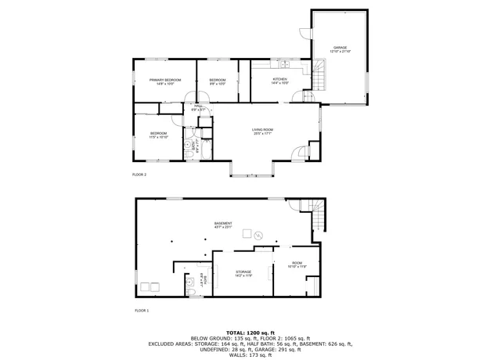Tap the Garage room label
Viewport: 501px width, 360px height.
tap(340, 49)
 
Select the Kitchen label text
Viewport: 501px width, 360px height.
tap(279, 81)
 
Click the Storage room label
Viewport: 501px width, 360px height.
tap(243, 273)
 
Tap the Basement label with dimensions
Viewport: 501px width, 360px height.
tap(223, 225)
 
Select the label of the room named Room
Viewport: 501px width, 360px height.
tap(297, 265)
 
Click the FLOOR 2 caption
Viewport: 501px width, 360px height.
tap(139, 175)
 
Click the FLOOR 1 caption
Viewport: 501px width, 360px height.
tap(142, 311)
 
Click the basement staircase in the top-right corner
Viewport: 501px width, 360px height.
tap(316, 215)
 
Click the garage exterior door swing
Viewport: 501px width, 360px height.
tap(304, 34)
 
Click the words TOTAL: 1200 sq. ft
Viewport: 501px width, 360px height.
tap(250, 333)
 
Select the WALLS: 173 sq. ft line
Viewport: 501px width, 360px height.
tap(250, 355)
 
